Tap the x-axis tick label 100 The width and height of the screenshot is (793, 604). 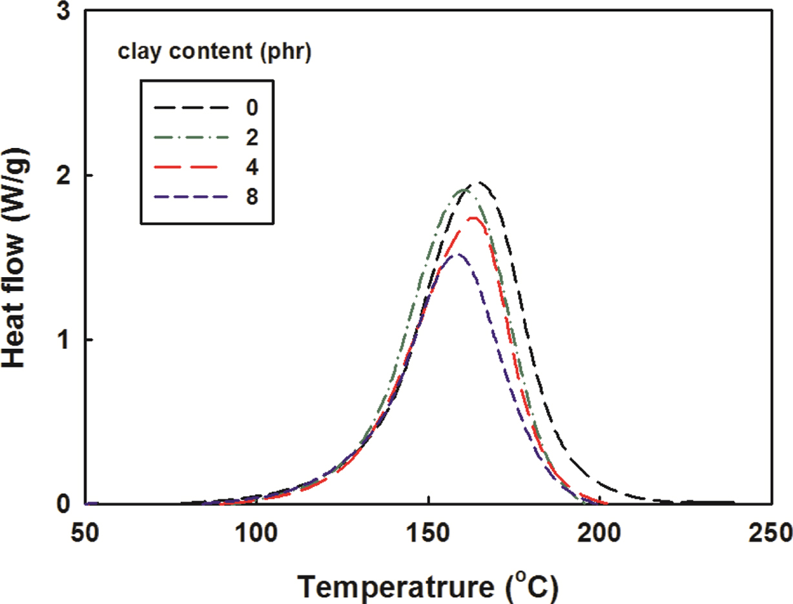click(x=257, y=533)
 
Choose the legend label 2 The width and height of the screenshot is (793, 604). click(x=251, y=136)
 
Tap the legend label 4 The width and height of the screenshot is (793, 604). click(x=251, y=166)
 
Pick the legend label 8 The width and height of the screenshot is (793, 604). click(x=251, y=196)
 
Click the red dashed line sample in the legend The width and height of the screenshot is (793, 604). click(x=192, y=166)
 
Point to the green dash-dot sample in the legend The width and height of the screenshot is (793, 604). click(x=192, y=136)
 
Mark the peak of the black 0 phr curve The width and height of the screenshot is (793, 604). click(x=479, y=183)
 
